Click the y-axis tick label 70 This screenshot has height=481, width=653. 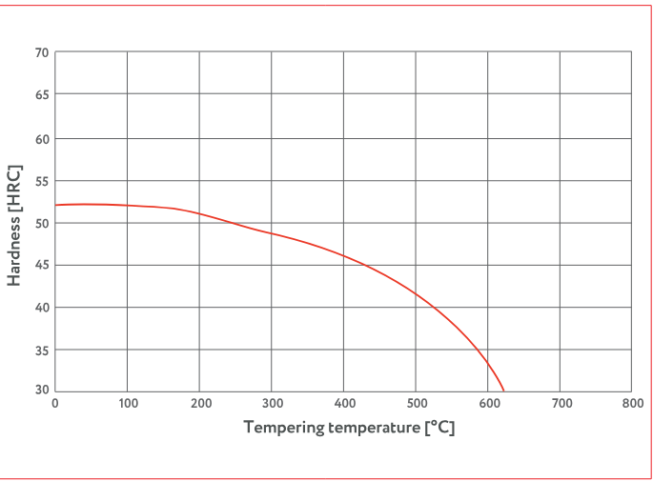pyautogui.click(x=42, y=52)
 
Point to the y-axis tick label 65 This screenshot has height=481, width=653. pyautogui.click(x=42, y=95)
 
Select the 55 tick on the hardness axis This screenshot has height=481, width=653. pyautogui.click(x=42, y=180)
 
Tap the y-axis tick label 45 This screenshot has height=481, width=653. pyautogui.click(x=42, y=265)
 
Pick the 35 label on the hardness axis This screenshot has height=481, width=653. pyautogui.click(x=42, y=350)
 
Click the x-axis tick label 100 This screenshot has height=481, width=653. pyautogui.click(x=128, y=404)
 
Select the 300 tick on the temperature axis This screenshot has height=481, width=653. pyautogui.click(x=272, y=404)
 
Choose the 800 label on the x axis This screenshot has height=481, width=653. pyautogui.click(x=631, y=404)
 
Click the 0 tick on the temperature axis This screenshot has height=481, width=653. pyautogui.click(x=55, y=404)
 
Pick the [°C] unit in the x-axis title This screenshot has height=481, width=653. pyautogui.click(x=439, y=428)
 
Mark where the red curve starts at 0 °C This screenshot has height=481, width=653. pyautogui.click(x=56, y=205)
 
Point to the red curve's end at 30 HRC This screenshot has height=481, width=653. pyautogui.click(x=503, y=391)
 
